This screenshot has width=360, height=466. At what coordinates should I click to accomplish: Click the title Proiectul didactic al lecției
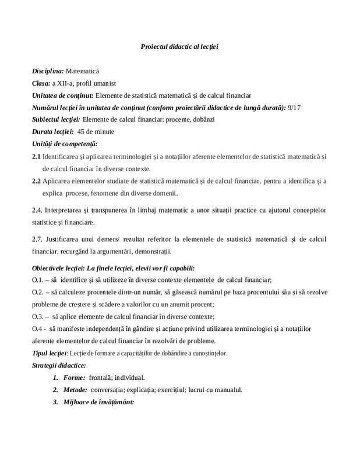179,45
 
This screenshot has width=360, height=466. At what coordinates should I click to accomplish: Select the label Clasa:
41,83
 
